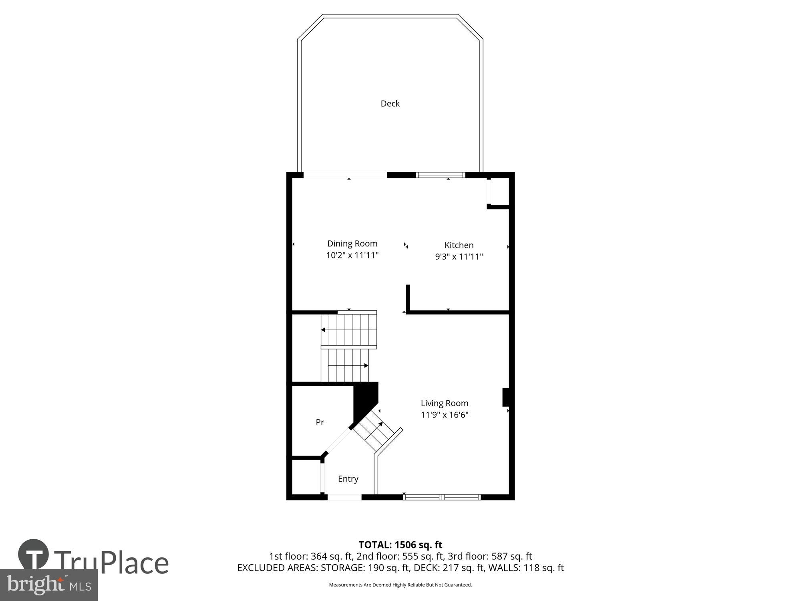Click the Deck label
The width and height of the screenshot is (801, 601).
tap(390, 103)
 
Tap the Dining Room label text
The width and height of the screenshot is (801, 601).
tap(352, 244)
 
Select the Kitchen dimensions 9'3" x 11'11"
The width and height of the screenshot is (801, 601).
tap(459, 256)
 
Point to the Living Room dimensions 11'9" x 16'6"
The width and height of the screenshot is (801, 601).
tap(445, 415)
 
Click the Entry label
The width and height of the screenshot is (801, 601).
tap(348, 479)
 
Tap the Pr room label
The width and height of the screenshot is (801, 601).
tap(320, 422)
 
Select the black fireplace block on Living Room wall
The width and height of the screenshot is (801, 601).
tap(505, 397)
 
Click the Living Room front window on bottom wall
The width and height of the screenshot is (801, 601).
tap(442, 497)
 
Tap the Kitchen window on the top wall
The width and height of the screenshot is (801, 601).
tap(441, 175)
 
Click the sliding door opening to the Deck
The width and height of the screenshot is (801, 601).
tap(345, 175)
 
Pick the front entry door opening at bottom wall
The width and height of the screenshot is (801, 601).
tap(344, 497)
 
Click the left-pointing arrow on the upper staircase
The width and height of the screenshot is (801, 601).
tap(323, 330)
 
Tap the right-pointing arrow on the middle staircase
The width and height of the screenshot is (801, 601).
tap(366, 365)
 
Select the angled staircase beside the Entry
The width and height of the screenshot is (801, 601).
tap(377, 431)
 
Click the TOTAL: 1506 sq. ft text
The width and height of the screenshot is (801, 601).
tap(400, 545)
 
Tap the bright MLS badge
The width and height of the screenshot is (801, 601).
tap(48, 585)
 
